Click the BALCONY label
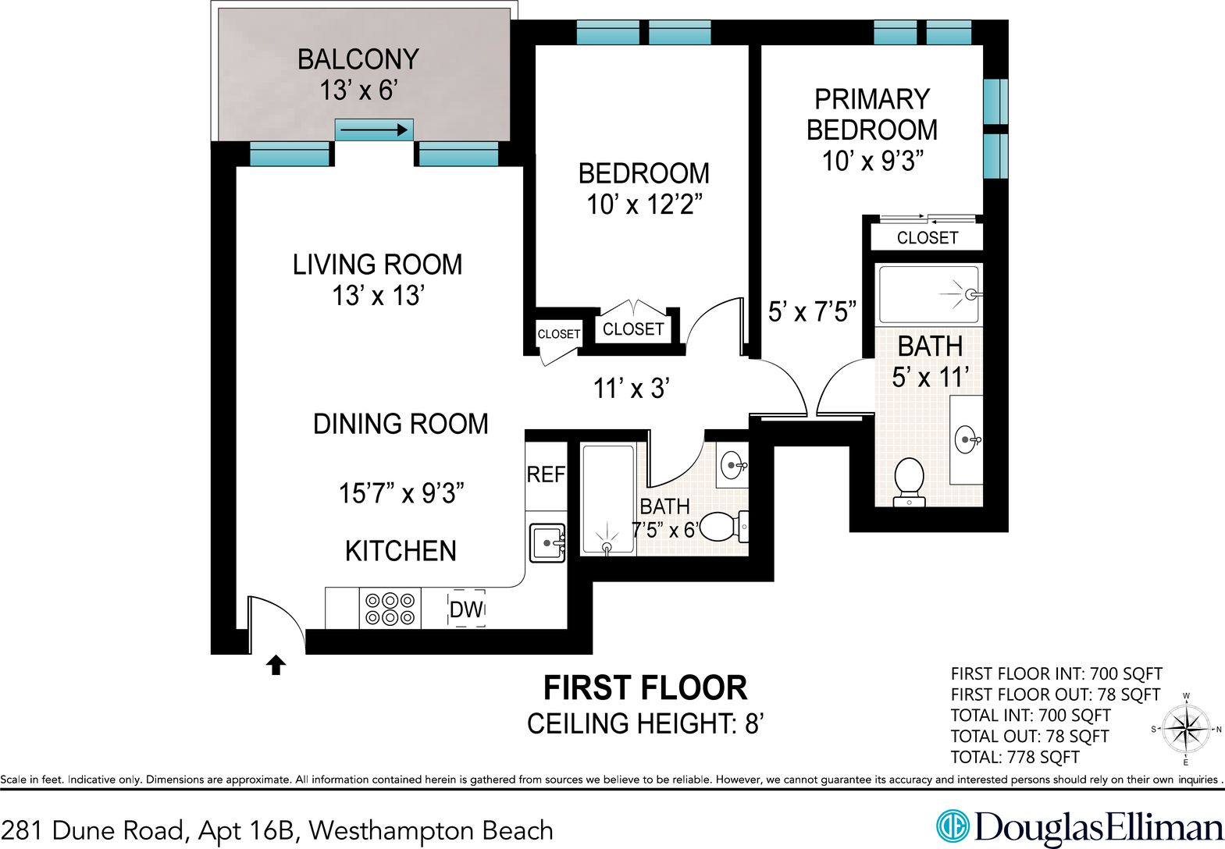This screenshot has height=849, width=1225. point(358,59)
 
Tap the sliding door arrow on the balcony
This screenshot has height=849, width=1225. point(374,130)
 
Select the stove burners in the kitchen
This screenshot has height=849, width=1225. point(390,609)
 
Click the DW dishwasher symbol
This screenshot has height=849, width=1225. point(466,609)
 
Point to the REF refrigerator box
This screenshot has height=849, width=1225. point(546,474)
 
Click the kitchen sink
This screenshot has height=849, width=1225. point(547,543)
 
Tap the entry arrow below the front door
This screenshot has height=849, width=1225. point(276,666)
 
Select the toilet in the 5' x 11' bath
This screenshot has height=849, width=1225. point(908,482)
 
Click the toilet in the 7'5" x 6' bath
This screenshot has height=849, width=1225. point(724,527)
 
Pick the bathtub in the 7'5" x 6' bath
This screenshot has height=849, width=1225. point(608,499)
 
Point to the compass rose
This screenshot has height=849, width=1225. point(1186,730)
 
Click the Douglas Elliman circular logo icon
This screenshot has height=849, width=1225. point(953,826)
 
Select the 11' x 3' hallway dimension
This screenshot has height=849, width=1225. point(632,389)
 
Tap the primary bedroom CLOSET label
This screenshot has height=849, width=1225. point(928,238)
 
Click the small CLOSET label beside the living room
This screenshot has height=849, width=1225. point(558,334)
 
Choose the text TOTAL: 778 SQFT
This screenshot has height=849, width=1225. point(1015,757)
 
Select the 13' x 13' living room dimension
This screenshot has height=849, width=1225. point(379,296)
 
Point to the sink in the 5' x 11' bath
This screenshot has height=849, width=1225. point(967,439)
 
